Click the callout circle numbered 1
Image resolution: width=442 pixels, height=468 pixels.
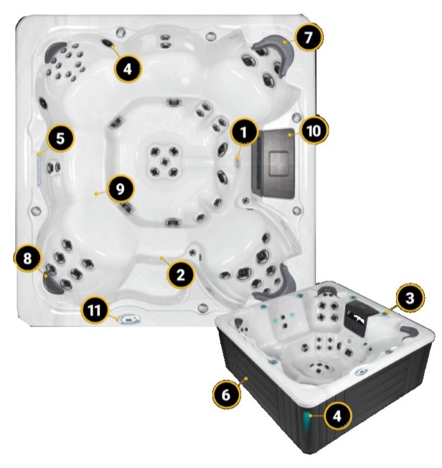coord(244,131)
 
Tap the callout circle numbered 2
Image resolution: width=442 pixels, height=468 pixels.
coord(181,275)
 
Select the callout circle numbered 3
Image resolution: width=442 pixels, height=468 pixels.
coord(410,298)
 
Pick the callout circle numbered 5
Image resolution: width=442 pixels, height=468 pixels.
coord(60,139)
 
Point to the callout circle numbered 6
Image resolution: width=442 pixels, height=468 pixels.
coord(226,395)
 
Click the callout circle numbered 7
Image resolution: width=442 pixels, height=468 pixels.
coord(308,37)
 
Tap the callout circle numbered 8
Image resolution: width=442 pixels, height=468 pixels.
coord(27,258)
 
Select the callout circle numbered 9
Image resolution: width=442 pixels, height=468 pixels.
coord(120,189)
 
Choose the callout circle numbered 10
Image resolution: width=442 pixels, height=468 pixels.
coord(314,131)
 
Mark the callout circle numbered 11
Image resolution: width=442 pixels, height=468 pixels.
coord(95,311)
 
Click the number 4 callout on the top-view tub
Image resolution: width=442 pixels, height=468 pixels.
coord(128,69)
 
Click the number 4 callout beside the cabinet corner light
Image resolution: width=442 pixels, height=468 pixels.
coord(337,416)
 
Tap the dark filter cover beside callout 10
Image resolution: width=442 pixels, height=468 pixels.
coord(274,164)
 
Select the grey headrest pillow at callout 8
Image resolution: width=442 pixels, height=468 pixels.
coord(52,283)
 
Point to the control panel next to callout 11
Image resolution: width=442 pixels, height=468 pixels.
coord(129,319)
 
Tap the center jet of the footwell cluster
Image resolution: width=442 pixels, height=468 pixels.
coord(164,162)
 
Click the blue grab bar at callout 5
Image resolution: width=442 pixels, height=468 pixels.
coord(39,169)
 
